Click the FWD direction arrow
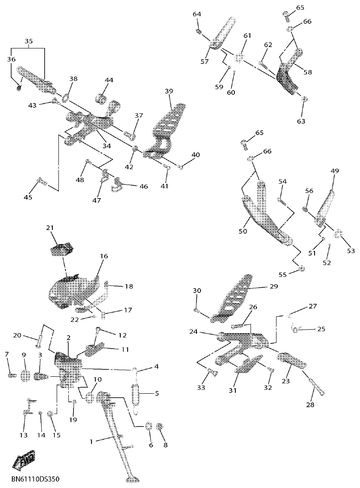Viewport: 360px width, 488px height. coord(25,461)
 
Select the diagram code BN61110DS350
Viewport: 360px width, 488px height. coord(35,479)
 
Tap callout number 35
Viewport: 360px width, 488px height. coord(29,42)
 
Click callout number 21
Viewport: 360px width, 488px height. coord(50,228)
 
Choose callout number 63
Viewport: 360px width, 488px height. coord(301,121)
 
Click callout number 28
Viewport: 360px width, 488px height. coord(310,405)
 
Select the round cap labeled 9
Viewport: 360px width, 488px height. coord(24,376)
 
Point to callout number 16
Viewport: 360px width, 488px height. coord(104,256)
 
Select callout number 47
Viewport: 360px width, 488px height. coord(96,200)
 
